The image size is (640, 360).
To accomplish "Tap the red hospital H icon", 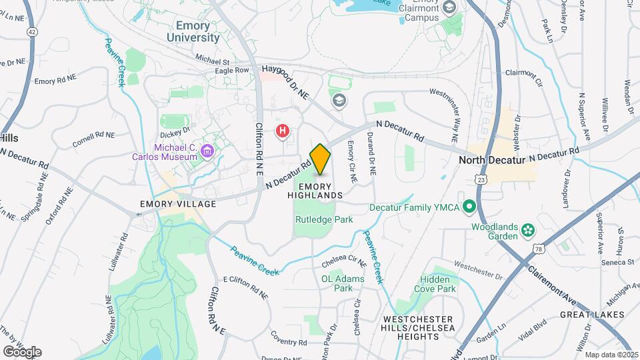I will [283, 131].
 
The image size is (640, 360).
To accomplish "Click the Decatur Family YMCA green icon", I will [469, 207].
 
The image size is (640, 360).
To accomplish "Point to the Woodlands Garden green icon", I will [529, 230].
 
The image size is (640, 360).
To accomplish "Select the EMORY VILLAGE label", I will [178, 204].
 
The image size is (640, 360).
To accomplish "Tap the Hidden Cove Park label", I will [438, 283].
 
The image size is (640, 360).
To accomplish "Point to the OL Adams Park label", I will [343, 283].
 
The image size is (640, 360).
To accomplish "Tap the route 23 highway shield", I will [481, 179].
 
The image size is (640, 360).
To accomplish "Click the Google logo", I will [22, 351].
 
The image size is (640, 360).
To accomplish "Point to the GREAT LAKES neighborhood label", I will [592, 315].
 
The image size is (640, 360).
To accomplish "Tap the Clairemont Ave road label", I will [553, 280].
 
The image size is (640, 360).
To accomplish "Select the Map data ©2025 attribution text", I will [611, 355].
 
